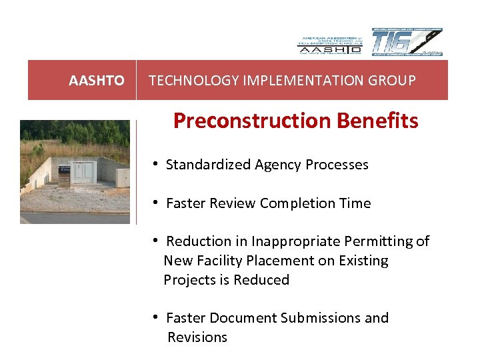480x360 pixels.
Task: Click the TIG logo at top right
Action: tap(407, 43)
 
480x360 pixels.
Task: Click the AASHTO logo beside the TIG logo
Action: tap(329, 44)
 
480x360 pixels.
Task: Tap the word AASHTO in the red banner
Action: tap(97, 81)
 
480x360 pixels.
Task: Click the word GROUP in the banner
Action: tap(394, 81)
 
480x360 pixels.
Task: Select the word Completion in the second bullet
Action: tap(293, 203)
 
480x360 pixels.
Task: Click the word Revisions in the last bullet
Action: tap(197, 337)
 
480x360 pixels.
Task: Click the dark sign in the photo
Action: tap(64, 173)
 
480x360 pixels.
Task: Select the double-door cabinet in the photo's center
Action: tap(85, 172)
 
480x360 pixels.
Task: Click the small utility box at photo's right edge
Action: tap(123, 177)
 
